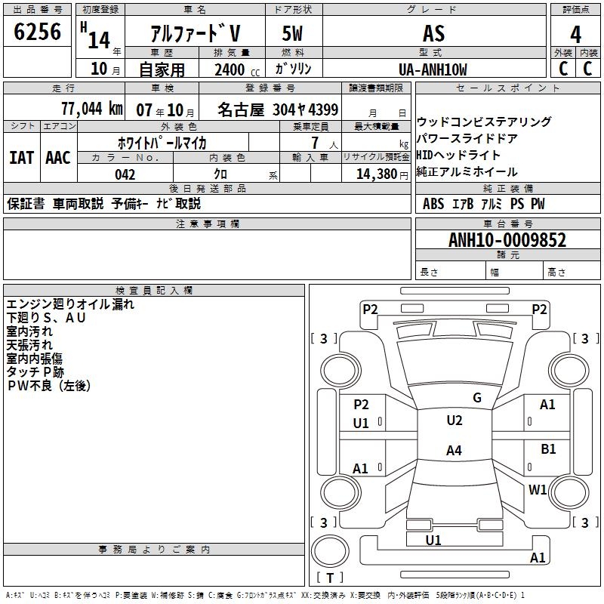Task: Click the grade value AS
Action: (x=433, y=34)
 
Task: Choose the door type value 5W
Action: (x=294, y=34)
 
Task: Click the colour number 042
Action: (x=125, y=174)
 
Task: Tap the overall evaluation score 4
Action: (x=575, y=34)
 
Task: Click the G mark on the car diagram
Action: (x=476, y=398)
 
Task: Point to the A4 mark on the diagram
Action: (x=454, y=451)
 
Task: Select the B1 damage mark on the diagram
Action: (x=548, y=449)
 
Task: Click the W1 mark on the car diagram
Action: (x=538, y=489)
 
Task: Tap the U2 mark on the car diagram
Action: (x=454, y=421)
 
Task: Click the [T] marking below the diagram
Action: (x=330, y=578)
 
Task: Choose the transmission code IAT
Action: (x=21, y=157)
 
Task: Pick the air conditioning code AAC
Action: (x=58, y=157)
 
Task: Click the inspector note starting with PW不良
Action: (x=48, y=386)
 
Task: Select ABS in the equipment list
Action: (x=433, y=204)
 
